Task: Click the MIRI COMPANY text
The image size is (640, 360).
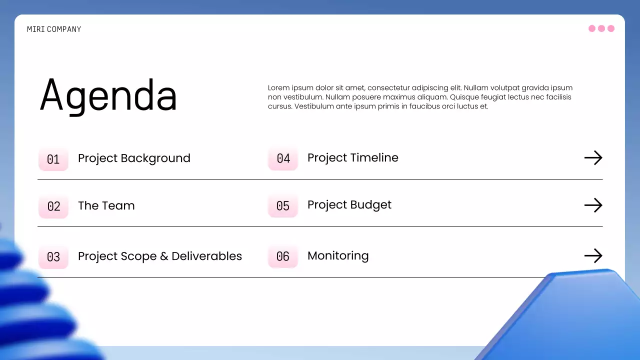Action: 54,29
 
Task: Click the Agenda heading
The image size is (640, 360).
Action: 108,95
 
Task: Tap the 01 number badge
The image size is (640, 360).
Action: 53,159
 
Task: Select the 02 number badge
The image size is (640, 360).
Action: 53,206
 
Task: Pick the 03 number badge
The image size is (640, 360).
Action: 53,257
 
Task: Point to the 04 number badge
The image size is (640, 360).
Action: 283,158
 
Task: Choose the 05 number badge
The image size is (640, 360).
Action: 283,206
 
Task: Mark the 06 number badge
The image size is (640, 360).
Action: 283,256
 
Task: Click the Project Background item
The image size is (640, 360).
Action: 134,158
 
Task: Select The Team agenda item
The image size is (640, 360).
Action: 106,206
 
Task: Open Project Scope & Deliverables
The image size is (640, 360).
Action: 160,256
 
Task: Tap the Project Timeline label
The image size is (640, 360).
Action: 353,158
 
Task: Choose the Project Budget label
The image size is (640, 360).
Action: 349,205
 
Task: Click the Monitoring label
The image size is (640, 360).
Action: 338,256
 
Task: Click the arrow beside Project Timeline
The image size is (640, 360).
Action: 593,158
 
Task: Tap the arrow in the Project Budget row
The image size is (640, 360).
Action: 593,205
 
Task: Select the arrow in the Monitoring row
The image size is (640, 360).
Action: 593,256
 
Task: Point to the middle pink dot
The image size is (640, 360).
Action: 601,28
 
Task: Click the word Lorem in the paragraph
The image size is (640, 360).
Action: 278,88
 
